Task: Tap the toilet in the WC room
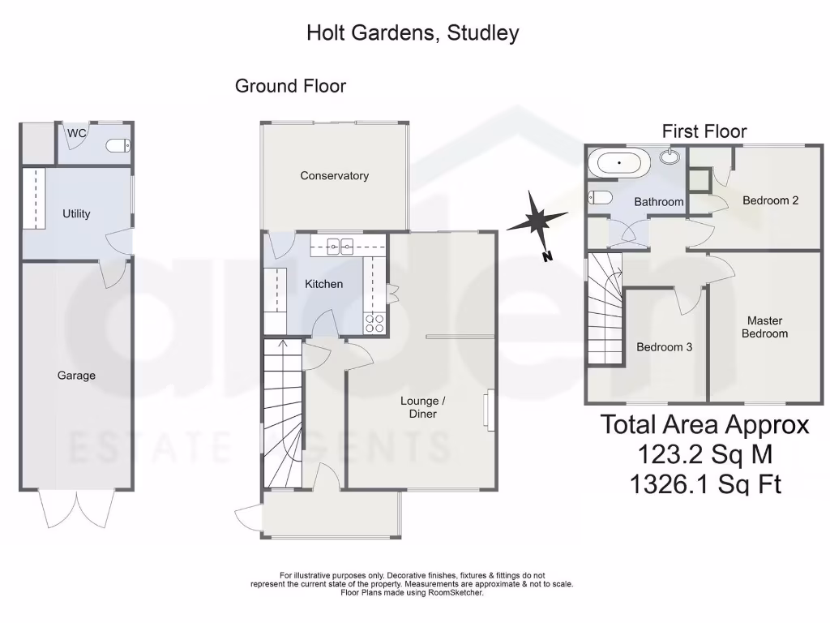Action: (x=118, y=146)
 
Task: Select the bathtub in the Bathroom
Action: (x=618, y=162)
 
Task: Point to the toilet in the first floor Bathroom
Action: (x=601, y=197)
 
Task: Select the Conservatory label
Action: (x=334, y=175)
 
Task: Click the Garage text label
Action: (x=76, y=375)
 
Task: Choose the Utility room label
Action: (x=76, y=213)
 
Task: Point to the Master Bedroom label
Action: (x=764, y=327)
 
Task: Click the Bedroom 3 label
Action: (x=664, y=346)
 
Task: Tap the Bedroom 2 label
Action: (x=770, y=200)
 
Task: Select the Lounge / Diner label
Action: (x=418, y=407)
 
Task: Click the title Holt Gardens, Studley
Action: (x=413, y=33)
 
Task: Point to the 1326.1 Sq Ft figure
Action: (x=704, y=483)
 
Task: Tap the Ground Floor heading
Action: (x=290, y=85)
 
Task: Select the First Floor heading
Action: (x=704, y=131)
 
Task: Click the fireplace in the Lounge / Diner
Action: (x=488, y=410)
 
